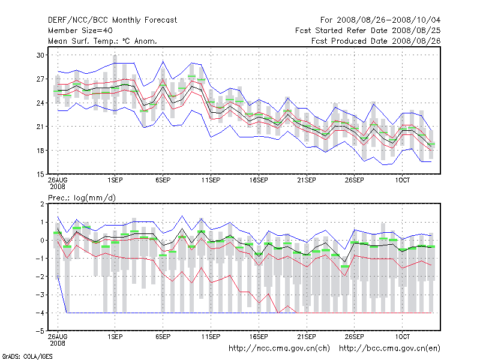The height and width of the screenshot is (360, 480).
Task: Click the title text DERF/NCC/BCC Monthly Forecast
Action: (x=112, y=20)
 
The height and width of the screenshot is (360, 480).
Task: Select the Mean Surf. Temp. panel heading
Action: (x=103, y=41)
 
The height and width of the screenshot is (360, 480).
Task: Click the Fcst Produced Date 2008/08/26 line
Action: (x=376, y=41)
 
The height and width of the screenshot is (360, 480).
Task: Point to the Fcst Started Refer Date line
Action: (x=368, y=30)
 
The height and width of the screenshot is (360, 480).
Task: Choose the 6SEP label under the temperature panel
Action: (x=163, y=180)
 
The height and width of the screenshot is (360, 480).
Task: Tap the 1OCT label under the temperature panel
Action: (x=403, y=180)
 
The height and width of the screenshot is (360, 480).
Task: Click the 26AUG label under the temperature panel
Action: (x=58, y=180)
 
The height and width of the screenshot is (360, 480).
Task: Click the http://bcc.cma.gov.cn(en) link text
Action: (x=390, y=348)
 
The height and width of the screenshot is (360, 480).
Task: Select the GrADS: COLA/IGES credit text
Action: (x=28, y=356)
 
